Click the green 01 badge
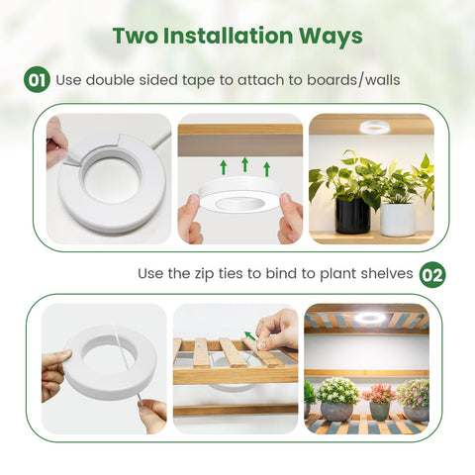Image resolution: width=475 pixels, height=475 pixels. click(37, 80)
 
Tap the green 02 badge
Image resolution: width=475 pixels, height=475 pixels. click(432, 275)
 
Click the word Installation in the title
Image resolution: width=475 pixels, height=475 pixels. click(228, 36)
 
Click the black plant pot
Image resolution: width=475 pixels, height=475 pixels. click(352, 216)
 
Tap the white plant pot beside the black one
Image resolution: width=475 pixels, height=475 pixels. click(398, 220)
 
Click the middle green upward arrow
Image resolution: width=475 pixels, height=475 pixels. click(244, 164)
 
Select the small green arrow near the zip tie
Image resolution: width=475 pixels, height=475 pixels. click(250, 335)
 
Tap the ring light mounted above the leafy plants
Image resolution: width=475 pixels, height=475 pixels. click(374, 127)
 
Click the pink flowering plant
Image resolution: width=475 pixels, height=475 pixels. click(379, 394)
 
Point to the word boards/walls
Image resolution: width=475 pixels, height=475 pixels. click(353, 80)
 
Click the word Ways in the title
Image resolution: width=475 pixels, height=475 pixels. click(331, 37)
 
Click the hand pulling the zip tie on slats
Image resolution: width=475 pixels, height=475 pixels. click(277, 331)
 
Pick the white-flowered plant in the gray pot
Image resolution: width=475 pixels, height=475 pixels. click(337, 391)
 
